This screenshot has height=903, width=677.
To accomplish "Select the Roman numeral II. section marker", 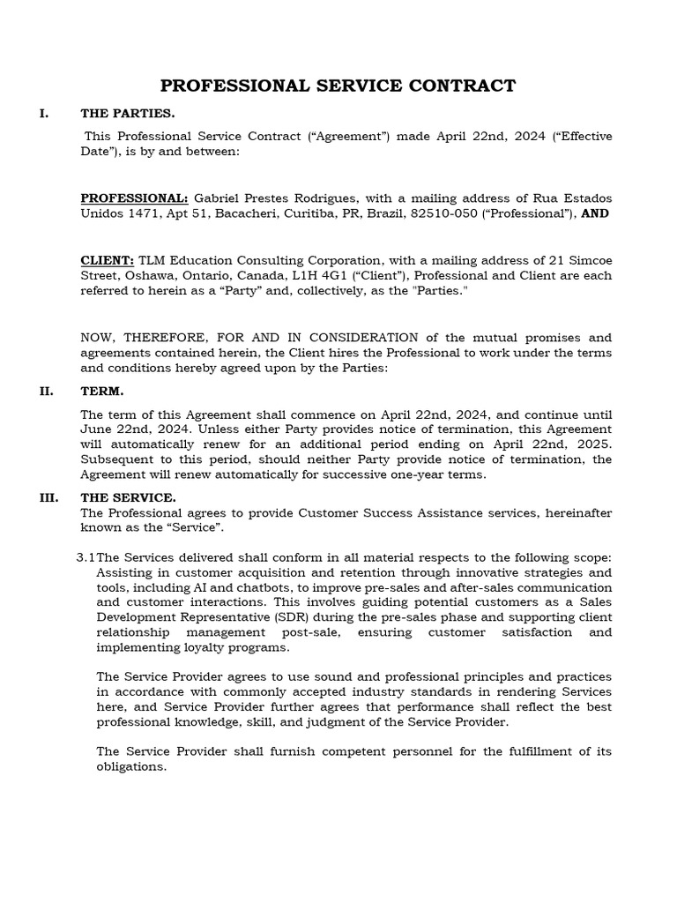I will (47, 391).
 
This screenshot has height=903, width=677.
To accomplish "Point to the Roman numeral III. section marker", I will (48, 497).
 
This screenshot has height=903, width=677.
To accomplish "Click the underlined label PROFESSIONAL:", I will (134, 198).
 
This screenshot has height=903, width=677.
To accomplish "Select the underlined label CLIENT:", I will (108, 260).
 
